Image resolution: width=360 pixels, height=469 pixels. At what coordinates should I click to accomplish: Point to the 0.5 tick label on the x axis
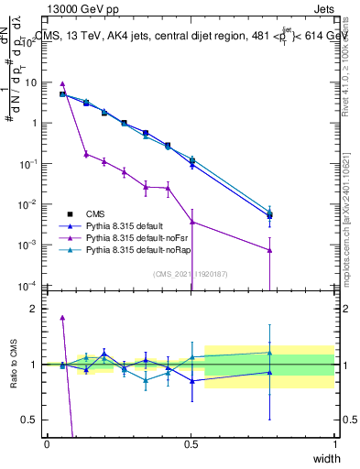(191, 444)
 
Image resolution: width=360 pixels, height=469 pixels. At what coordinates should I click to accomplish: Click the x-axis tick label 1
(335, 444)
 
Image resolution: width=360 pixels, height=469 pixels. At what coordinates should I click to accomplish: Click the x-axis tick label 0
(47, 444)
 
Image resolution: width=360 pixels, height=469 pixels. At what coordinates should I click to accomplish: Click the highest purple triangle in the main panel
(62, 83)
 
